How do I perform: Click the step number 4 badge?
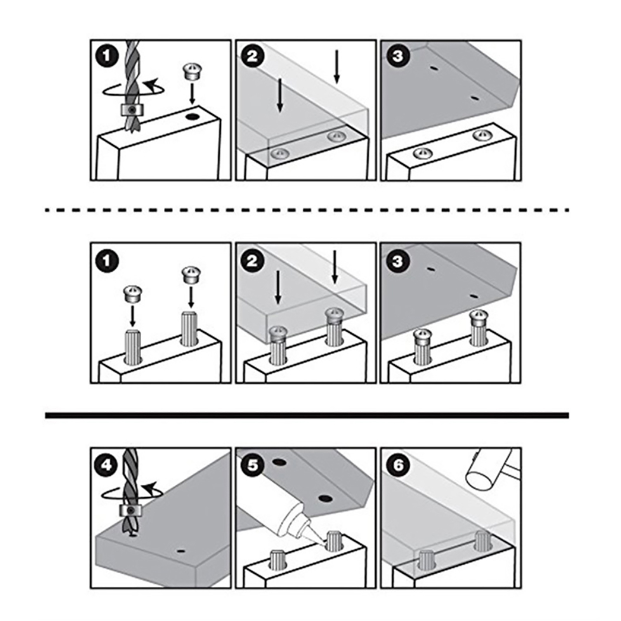107,465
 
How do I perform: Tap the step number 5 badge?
252,465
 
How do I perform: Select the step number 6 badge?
397,465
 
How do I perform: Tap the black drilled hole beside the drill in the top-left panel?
191,116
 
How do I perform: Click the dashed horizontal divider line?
307,210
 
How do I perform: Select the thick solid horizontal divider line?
307,415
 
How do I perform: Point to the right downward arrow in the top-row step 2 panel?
337,67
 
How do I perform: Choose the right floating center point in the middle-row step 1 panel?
190,275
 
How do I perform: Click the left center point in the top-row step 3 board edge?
422,153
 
